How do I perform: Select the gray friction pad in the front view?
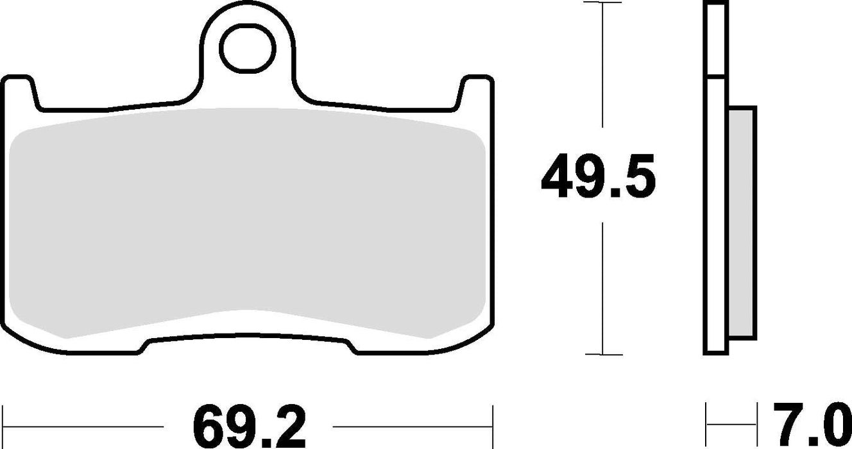coord(247,224)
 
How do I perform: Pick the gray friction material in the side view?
coord(742,221)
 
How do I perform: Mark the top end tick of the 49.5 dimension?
coord(602,3)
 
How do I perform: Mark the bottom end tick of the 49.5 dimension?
coord(602,354)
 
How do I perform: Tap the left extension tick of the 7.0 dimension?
coord(706,423)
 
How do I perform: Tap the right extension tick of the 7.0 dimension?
coord(756,423)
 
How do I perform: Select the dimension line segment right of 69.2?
coord(411,426)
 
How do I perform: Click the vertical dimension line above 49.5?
coord(602,71)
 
